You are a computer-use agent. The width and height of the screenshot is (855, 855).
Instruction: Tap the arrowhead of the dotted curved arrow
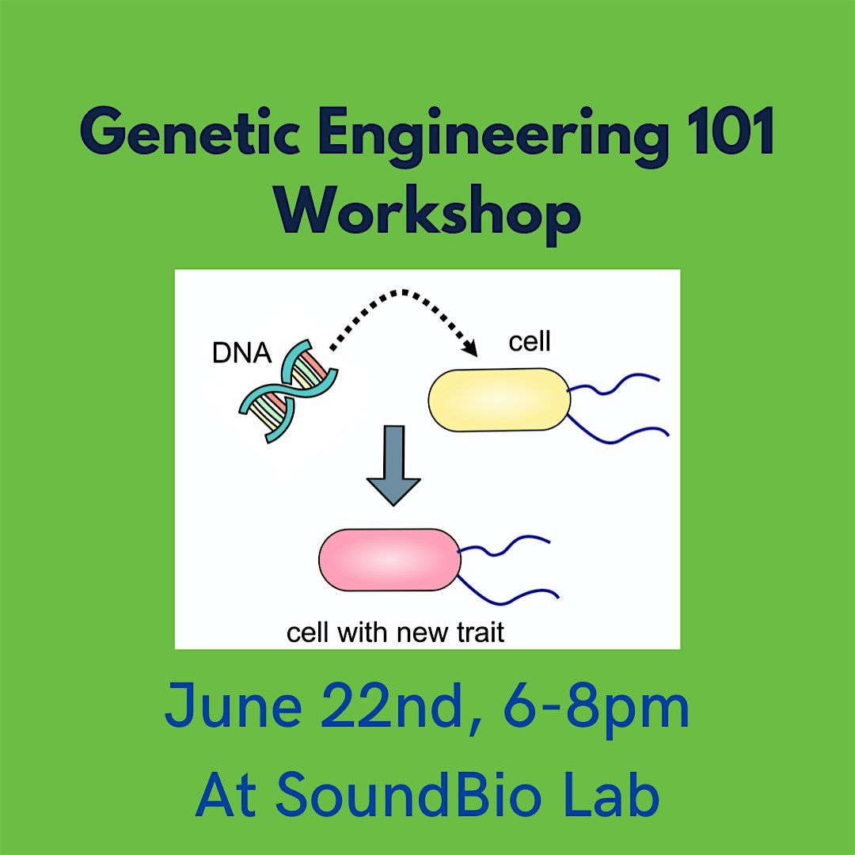tap(473, 348)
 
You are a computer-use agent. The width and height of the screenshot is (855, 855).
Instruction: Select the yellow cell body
tap(499, 400)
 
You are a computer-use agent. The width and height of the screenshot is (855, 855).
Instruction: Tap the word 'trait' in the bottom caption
tap(477, 633)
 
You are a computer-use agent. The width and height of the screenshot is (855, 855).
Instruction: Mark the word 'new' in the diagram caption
tap(410, 633)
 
